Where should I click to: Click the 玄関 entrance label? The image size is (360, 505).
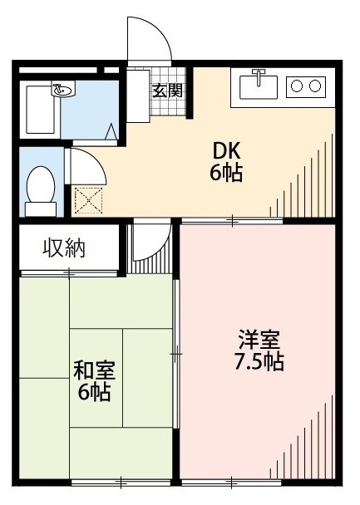pyautogui.click(x=167, y=91)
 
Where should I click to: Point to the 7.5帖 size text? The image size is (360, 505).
pyautogui.click(x=259, y=363)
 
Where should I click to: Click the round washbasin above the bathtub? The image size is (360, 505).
pyautogui.click(x=62, y=88)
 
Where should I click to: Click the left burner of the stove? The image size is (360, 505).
pyautogui.click(x=296, y=85)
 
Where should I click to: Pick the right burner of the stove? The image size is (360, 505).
pyautogui.click(x=314, y=85)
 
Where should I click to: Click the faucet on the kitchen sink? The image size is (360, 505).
pyautogui.click(x=259, y=77)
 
